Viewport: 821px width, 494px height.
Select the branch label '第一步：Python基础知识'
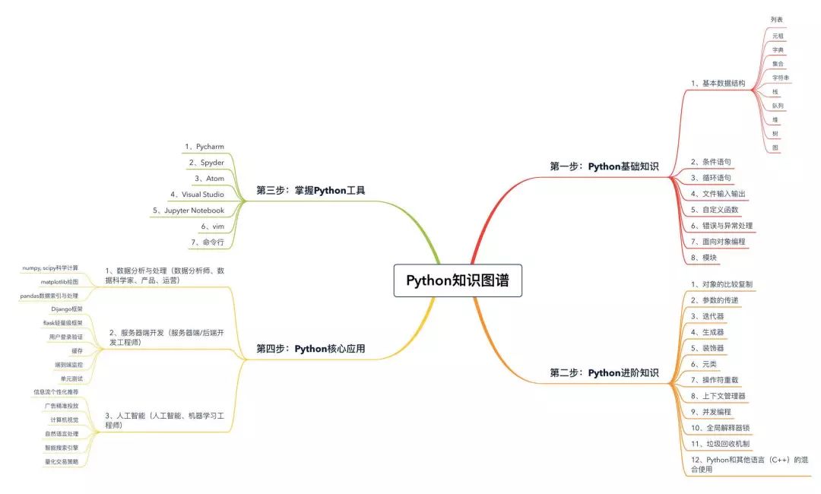coord(604,166)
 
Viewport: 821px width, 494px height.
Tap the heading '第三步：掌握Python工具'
coord(310,190)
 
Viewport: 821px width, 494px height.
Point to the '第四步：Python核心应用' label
coord(310,350)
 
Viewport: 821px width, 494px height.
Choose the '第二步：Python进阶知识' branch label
coord(604,373)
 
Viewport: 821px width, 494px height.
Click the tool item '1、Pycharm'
coord(204,146)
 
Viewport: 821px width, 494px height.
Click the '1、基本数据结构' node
coord(718,83)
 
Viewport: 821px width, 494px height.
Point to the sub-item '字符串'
coord(781,78)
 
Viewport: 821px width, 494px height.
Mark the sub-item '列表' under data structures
coord(777,19)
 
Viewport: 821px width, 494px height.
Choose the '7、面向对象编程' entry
coord(718,241)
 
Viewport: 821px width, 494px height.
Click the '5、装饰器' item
coord(707,347)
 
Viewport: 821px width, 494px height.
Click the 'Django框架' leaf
coord(68,309)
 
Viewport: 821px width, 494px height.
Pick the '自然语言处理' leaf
coord(62,433)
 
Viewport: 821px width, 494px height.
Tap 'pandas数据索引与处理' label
coord(49,295)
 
